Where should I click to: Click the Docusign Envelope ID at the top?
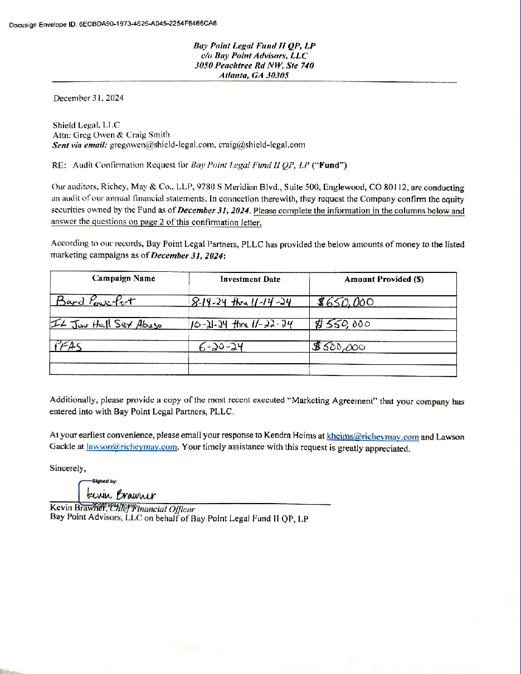click(113, 24)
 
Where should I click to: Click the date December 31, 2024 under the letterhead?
click(89, 98)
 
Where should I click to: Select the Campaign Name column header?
click(124, 279)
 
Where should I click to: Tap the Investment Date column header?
click(250, 280)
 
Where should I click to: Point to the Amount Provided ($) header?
click(384, 280)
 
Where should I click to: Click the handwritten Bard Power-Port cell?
click(96, 302)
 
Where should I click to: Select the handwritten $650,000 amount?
click(345, 302)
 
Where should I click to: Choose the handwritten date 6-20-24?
click(223, 346)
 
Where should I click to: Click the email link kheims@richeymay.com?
click(372, 437)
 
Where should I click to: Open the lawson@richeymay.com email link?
click(132, 447)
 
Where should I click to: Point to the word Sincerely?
click(68, 468)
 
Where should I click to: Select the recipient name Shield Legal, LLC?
click(86, 125)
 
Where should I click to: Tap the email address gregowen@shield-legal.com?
click(162, 145)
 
